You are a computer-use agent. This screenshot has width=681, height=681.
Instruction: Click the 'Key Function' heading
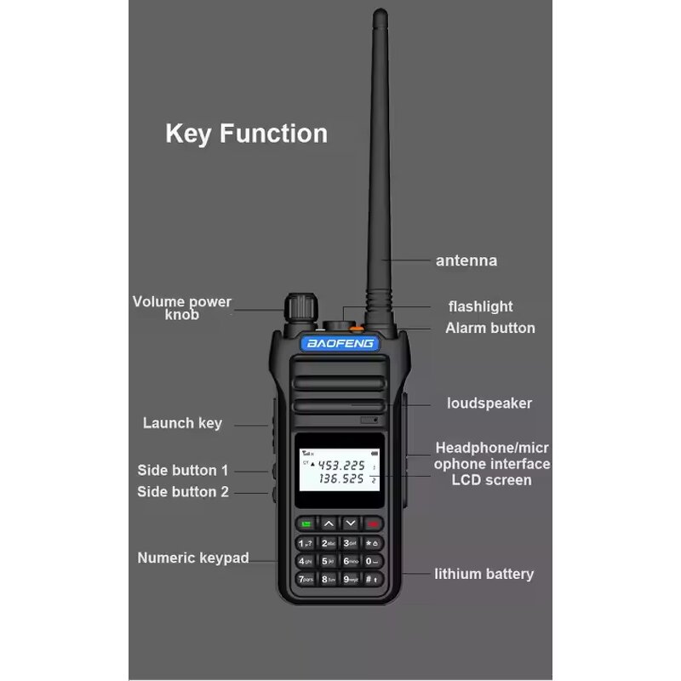[x=246, y=134]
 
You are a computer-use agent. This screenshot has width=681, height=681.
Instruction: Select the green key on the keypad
[x=305, y=523]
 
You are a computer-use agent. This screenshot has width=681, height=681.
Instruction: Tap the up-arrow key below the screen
[x=328, y=523]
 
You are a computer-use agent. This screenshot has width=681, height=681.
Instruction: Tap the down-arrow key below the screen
[x=350, y=523]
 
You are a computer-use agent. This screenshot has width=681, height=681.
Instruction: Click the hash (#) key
[x=372, y=579]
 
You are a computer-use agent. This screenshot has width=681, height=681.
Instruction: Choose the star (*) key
[x=372, y=542]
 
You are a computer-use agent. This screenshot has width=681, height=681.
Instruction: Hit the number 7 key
[x=305, y=579]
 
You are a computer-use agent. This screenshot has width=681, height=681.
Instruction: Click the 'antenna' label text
[x=466, y=260]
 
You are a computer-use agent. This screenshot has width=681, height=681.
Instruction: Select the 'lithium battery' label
[x=484, y=574]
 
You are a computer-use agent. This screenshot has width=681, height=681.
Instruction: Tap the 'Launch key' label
[x=182, y=423]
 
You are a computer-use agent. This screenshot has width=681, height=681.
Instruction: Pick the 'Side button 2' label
[x=183, y=491]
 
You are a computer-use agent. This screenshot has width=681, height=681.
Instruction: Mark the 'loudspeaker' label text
[x=489, y=403]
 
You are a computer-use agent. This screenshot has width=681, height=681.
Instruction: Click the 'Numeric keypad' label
[x=193, y=558]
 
